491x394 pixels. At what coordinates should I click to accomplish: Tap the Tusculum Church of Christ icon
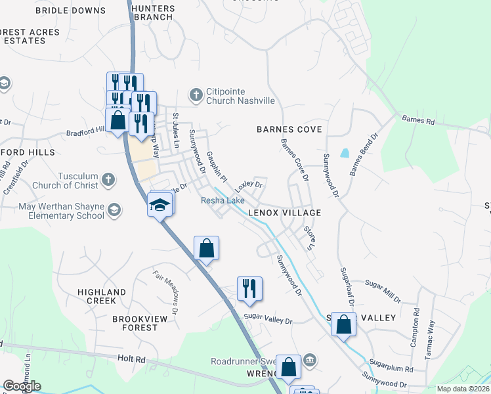[109, 179]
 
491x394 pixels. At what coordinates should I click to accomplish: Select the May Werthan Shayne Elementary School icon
[114, 210]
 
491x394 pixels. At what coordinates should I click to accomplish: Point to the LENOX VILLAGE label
[284, 213]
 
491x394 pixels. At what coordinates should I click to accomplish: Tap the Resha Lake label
[223, 200]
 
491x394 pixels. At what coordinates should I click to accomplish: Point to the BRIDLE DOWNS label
[70, 11]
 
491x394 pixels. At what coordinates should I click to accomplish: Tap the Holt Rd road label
[131, 359]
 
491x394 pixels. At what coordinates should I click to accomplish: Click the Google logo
[22, 385]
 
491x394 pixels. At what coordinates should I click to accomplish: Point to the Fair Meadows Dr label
[167, 288]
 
